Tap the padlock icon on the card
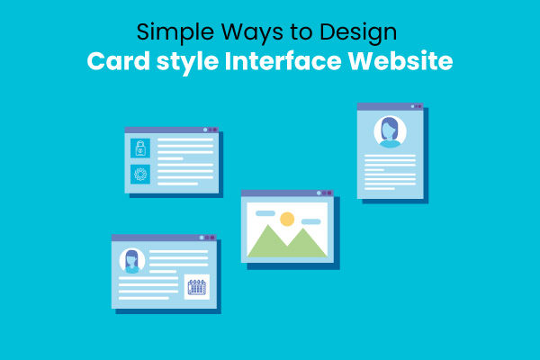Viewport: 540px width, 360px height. click(139, 149)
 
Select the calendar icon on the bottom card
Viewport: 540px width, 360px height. click(196, 288)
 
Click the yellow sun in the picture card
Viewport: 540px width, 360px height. click(287, 219)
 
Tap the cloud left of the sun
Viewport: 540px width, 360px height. click(265, 213)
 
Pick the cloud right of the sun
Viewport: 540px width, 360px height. click(310, 221)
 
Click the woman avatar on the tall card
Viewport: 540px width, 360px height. click(390, 132)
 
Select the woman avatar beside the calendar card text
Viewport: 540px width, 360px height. click(132, 261)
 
